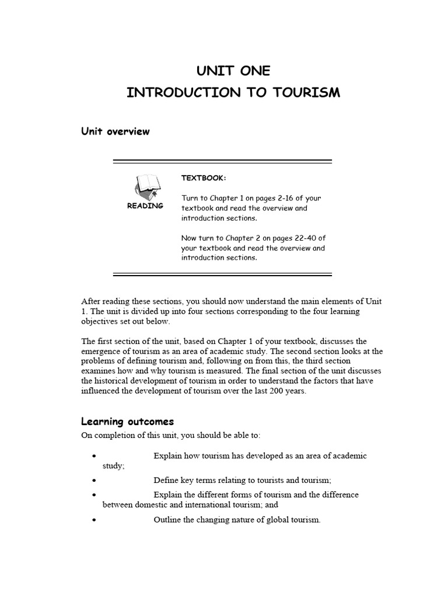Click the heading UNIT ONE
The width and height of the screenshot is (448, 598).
click(233, 71)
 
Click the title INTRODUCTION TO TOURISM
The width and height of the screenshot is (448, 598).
click(233, 93)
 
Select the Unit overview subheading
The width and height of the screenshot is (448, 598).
click(115, 131)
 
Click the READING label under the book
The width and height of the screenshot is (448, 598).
click(145, 206)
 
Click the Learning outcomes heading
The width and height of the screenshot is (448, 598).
click(127, 422)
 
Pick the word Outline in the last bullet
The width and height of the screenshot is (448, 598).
click(167, 520)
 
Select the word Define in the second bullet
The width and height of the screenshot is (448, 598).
click(166, 480)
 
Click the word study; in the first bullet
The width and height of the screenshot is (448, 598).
click(114, 465)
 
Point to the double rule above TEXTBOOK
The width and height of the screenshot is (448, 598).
click(222, 161)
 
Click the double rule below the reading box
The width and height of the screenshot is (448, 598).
click(222, 274)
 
